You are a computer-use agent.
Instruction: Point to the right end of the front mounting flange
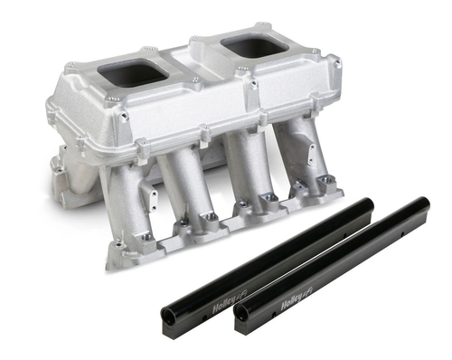(338, 189)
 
